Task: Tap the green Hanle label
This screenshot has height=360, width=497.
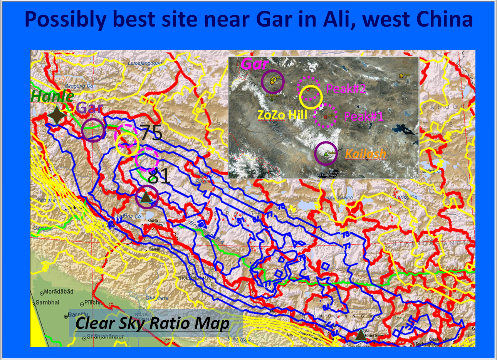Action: (52, 96)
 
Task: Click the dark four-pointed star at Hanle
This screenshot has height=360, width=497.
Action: (56, 116)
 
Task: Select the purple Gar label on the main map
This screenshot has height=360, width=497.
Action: (90, 108)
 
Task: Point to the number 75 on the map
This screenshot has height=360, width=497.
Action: (151, 133)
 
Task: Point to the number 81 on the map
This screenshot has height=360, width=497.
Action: (158, 176)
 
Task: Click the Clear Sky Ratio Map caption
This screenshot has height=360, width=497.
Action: (153, 323)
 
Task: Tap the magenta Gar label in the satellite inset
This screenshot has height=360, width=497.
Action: (254, 64)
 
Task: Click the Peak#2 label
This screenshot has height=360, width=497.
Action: (346, 89)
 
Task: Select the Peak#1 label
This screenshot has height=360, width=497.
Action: (363, 116)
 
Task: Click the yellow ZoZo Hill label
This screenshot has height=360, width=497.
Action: (282, 114)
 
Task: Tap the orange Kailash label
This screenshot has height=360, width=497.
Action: (366, 154)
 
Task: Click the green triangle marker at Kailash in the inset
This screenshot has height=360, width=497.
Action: (326, 153)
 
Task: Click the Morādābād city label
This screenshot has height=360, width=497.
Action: (58, 292)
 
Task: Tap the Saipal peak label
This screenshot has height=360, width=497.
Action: (154, 249)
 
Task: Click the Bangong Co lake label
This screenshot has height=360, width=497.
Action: (79, 86)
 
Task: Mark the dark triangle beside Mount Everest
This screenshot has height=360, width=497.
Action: (360, 336)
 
